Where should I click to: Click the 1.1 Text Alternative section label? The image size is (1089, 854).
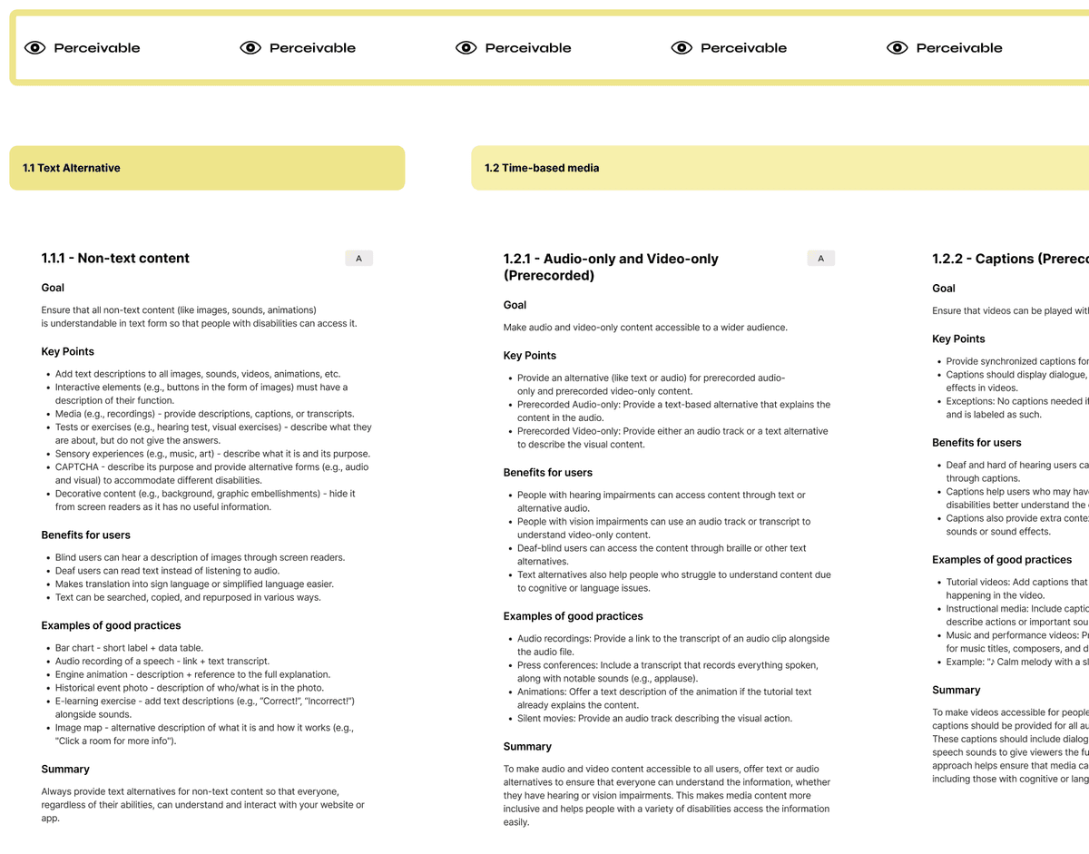(x=72, y=168)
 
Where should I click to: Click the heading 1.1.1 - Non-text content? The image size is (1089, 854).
(x=115, y=258)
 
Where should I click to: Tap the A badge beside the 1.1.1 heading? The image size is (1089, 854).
(x=358, y=259)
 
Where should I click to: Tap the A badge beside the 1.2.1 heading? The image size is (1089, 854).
(x=820, y=259)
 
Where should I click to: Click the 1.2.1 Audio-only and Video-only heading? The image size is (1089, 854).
(x=611, y=267)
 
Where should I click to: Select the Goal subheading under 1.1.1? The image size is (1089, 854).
(x=53, y=288)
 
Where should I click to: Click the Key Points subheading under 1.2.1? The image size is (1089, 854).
(x=530, y=356)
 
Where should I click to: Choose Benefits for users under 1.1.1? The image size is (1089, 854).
(x=86, y=535)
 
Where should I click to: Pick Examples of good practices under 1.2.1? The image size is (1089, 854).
(x=574, y=616)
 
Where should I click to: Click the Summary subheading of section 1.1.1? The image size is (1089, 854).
(x=65, y=770)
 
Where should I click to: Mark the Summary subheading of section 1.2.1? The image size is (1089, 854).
(x=527, y=747)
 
